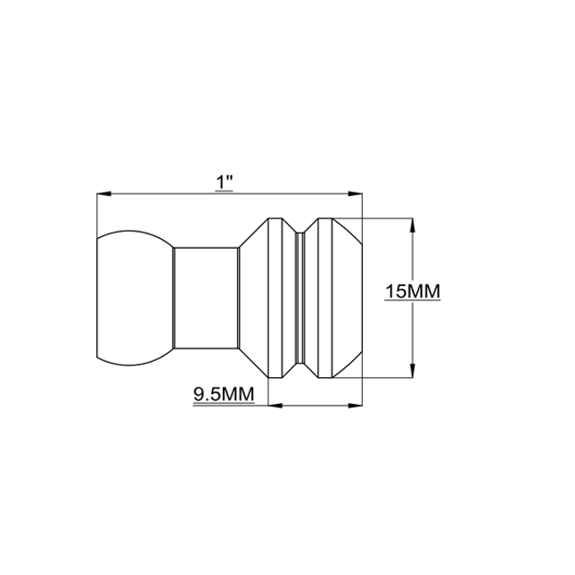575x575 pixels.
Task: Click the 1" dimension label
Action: coord(225,181)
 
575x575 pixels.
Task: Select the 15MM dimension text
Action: coord(413,292)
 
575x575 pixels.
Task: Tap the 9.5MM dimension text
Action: coord(223,393)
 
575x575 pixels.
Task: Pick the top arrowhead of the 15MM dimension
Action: coord(411,225)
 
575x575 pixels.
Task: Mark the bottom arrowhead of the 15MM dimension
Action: coord(411,374)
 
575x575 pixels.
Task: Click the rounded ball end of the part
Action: coord(134,299)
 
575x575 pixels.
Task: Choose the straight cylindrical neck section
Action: coord(206,299)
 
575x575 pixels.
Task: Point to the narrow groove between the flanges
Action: coord(300,299)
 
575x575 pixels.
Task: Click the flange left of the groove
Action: coord(271,299)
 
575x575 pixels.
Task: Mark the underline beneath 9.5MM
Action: coord(223,403)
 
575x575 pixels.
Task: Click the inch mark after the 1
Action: coord(230,178)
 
